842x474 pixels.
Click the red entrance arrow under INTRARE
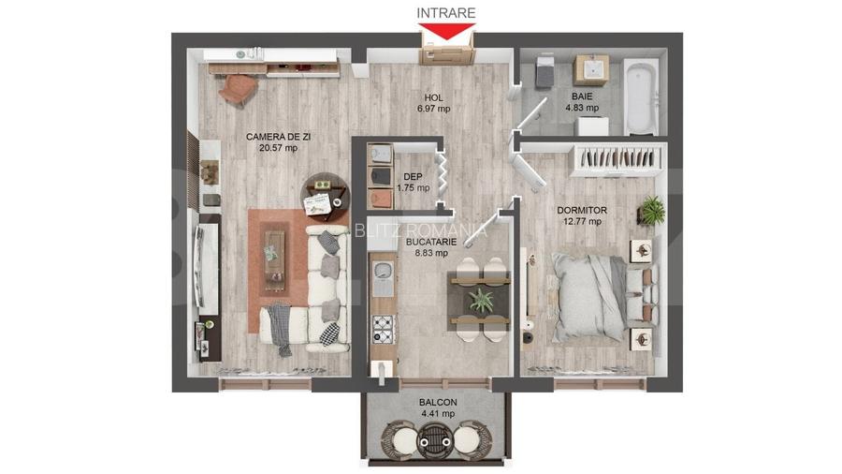click(445, 31)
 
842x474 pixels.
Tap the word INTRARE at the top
click(445, 13)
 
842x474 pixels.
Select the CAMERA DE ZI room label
click(278, 137)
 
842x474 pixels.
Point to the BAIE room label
click(581, 96)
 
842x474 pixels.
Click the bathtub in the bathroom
click(642, 97)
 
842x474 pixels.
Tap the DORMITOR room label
click(582, 211)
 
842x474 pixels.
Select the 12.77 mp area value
click(582, 222)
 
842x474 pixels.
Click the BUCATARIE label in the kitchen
click(431, 241)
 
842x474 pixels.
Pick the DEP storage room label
click(412, 176)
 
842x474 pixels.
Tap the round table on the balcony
click(435, 437)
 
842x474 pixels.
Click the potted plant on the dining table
click(482, 300)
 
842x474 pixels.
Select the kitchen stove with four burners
click(384, 327)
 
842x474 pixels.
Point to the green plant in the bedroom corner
click(652, 210)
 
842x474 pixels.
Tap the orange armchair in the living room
click(238, 88)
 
